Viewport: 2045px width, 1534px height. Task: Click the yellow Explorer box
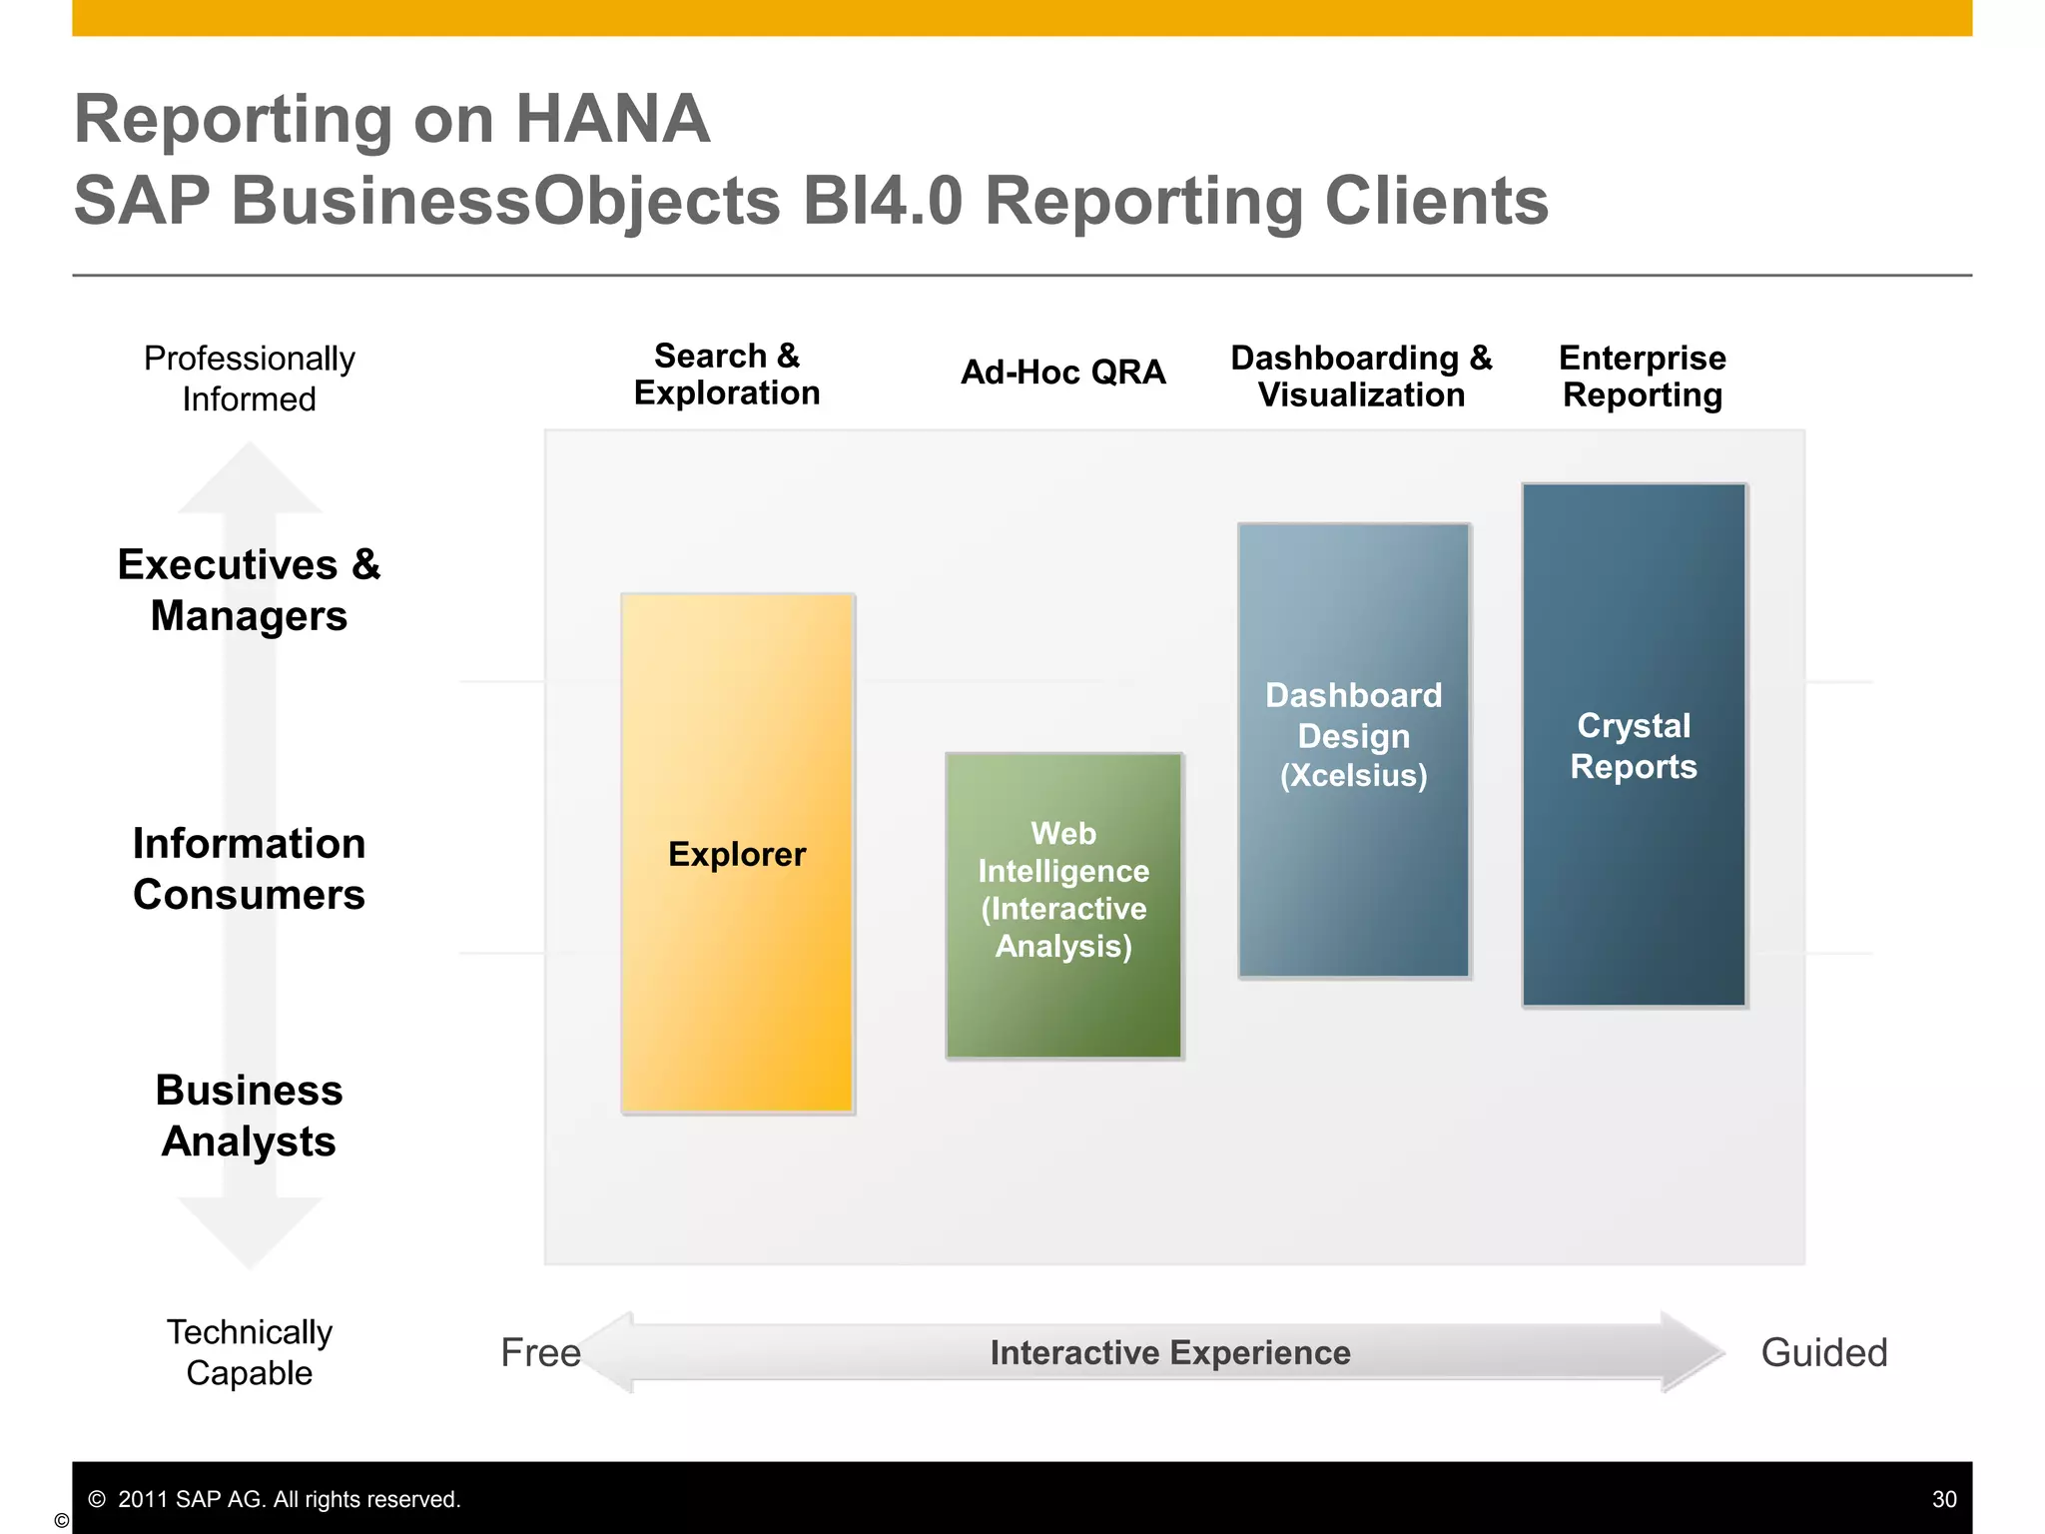[x=737, y=854]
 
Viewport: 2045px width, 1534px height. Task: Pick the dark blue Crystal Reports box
[x=1634, y=745]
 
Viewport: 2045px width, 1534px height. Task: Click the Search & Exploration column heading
[x=726, y=375]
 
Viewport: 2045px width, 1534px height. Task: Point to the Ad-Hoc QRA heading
[x=1062, y=373]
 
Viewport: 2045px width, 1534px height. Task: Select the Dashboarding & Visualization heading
[x=1360, y=377]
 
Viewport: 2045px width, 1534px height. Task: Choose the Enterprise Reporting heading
[x=1642, y=377]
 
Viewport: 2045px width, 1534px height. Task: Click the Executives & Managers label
[x=249, y=590]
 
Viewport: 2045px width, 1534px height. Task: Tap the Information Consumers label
[x=249, y=869]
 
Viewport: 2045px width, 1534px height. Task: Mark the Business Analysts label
[x=249, y=1116]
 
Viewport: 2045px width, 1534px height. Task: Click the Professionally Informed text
[x=249, y=379]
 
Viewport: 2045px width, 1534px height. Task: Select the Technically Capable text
[x=249, y=1352]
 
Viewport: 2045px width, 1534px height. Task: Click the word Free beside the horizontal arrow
[x=540, y=1353]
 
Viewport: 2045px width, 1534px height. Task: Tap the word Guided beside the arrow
[x=1823, y=1353]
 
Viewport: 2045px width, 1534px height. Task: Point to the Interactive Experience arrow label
[x=1169, y=1353]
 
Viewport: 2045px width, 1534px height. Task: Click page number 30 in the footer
[x=1943, y=1499]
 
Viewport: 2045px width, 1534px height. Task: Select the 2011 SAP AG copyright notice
[x=275, y=1499]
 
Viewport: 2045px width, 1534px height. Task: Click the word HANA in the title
[x=611, y=120]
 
